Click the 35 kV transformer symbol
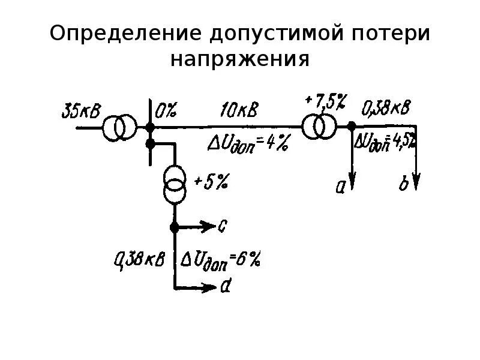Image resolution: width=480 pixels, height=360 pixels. point(119,128)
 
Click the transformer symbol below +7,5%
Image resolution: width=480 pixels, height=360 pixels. point(318,127)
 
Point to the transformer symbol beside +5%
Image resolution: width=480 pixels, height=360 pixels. point(175,185)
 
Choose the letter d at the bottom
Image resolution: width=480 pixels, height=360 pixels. point(226,287)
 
